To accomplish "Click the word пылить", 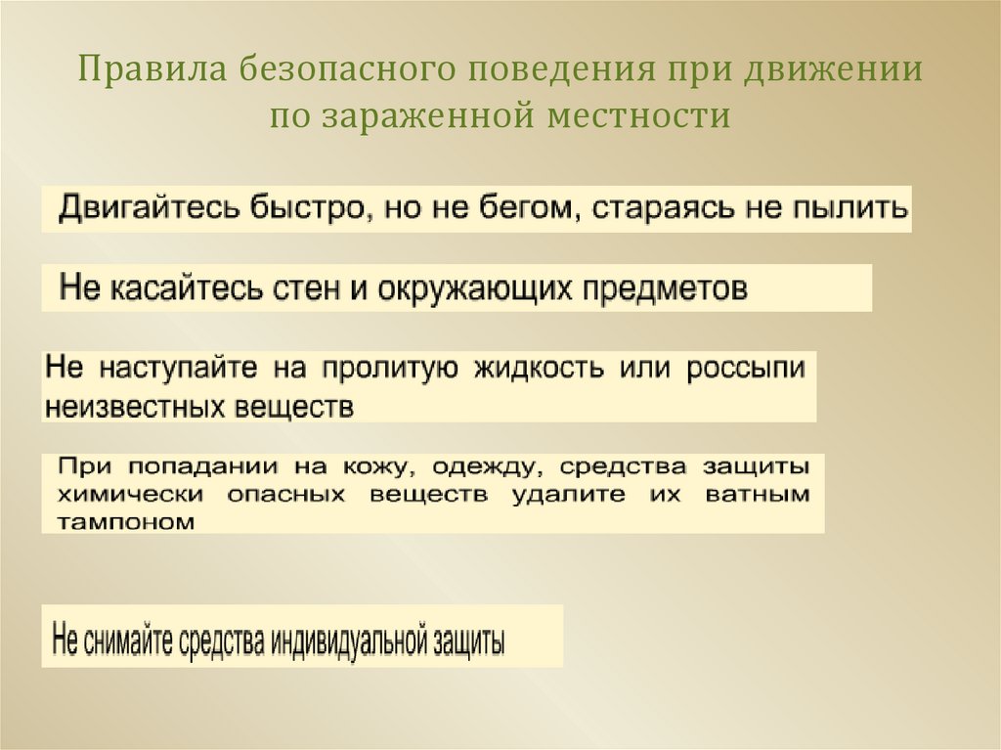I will [x=848, y=209].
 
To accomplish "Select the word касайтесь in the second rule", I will [x=180, y=288].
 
